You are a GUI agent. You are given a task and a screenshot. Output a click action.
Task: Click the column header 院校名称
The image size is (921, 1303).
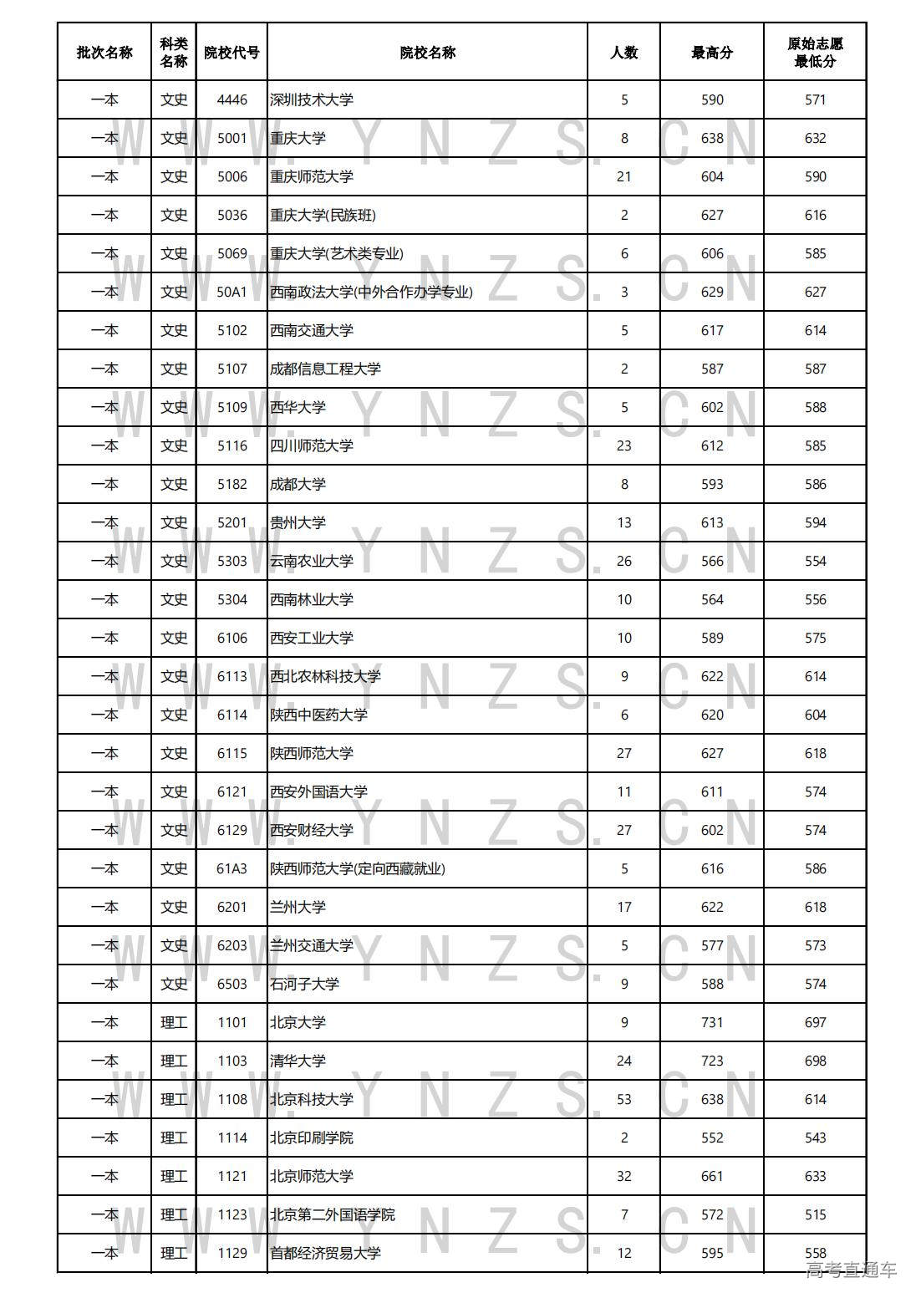tap(427, 53)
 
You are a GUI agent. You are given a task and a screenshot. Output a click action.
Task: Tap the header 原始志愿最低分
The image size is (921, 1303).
tap(815, 53)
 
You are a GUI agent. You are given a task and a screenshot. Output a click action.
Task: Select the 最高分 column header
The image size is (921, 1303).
tap(712, 53)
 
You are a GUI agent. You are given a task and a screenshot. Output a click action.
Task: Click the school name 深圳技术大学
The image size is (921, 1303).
tap(312, 100)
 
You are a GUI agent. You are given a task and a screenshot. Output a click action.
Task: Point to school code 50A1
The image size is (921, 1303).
tap(232, 293)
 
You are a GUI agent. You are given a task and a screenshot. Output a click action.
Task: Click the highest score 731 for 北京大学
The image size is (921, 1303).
tap(712, 1023)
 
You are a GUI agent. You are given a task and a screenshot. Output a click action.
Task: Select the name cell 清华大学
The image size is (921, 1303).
tap(298, 1061)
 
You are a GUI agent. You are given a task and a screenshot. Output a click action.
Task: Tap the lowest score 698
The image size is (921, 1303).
tap(815, 1061)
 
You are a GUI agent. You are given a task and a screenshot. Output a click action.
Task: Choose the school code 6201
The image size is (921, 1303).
tap(232, 908)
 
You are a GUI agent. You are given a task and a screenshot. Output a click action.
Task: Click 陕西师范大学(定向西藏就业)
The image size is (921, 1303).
tap(358, 869)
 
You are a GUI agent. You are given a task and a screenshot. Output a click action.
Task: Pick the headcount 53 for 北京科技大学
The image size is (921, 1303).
tap(623, 1100)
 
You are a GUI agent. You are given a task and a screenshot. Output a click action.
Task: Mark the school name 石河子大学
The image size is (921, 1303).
tap(305, 985)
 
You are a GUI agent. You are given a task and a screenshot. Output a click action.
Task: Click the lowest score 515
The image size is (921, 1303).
tap(815, 1215)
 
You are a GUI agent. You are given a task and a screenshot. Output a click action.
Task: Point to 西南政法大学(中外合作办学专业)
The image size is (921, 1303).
tap(371, 293)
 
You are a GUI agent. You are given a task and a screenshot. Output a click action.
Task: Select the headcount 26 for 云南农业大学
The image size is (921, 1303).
tap(623, 562)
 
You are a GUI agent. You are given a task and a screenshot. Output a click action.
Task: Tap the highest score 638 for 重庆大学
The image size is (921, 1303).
tap(712, 139)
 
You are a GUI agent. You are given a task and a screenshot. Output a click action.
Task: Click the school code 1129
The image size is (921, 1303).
tap(232, 1254)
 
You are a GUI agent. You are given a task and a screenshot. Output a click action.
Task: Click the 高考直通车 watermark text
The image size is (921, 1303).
tap(851, 1271)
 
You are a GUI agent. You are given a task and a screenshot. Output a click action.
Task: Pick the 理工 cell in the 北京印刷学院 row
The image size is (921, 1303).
tap(174, 1138)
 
